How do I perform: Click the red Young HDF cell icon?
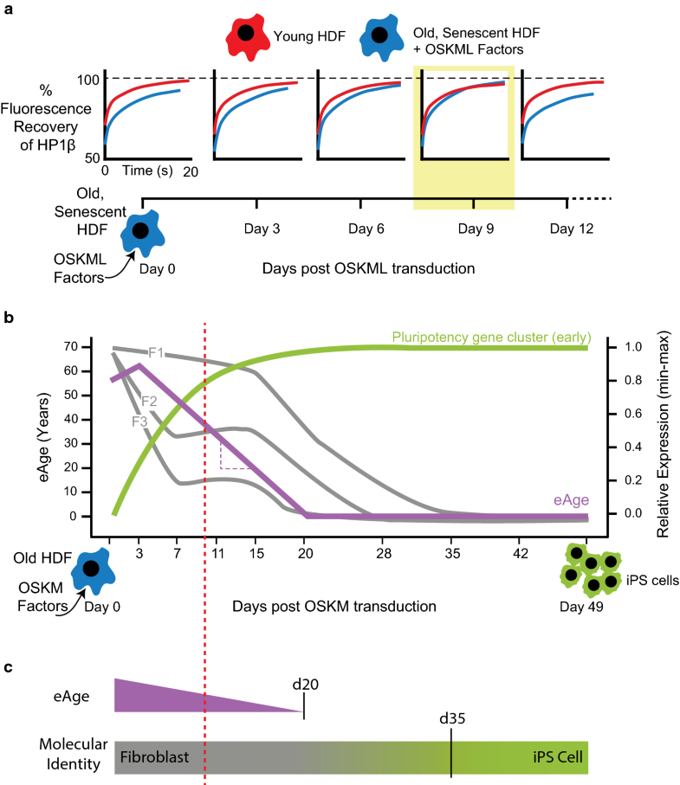click(246, 35)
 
